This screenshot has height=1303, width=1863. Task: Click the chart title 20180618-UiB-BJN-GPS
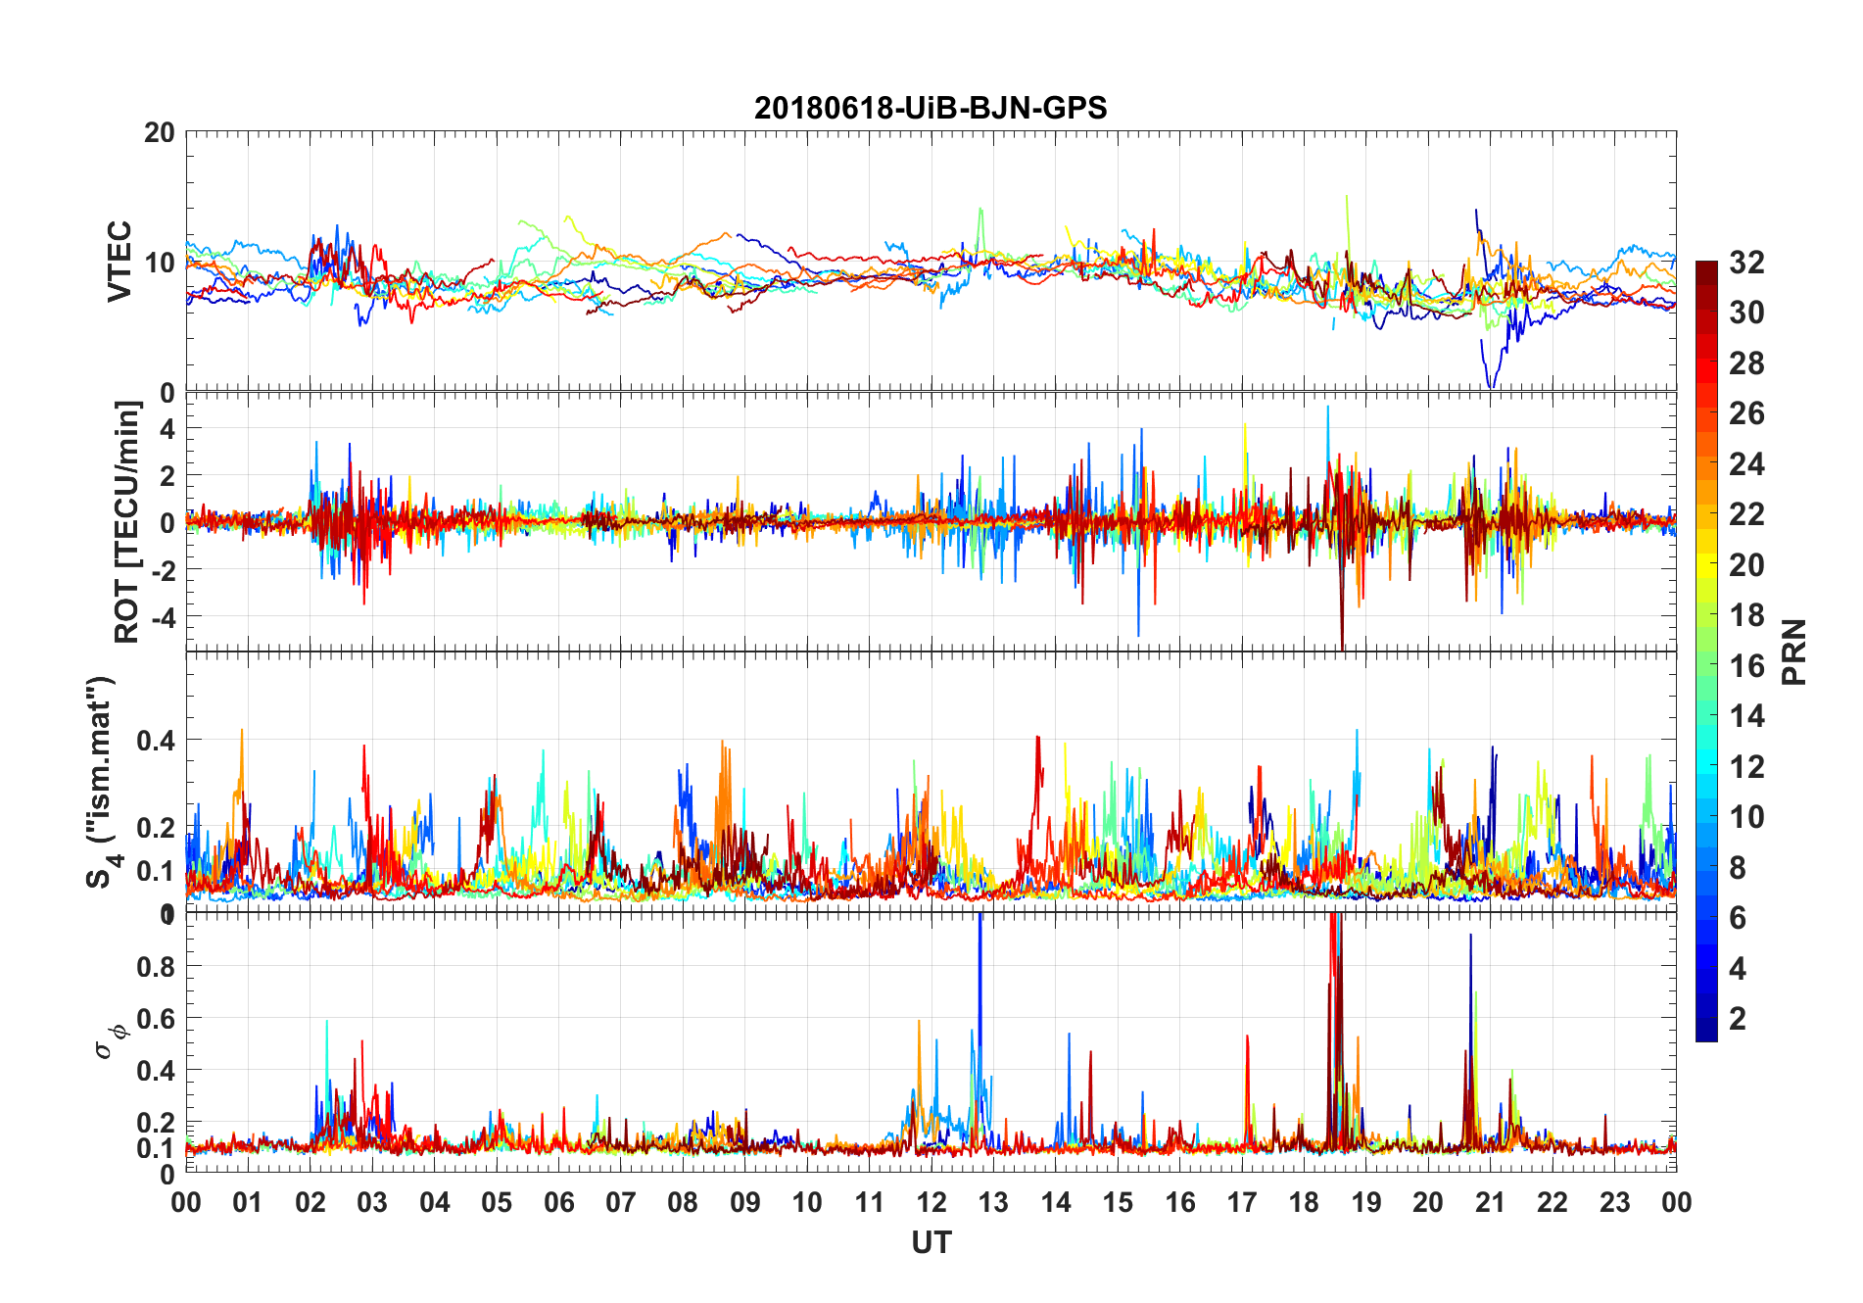click(x=931, y=108)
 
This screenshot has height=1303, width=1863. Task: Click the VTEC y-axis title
click(x=119, y=262)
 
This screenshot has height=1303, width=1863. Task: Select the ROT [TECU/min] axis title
click(x=127, y=522)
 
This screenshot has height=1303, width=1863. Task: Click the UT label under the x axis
click(x=931, y=1243)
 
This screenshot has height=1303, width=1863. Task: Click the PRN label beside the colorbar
click(x=1794, y=651)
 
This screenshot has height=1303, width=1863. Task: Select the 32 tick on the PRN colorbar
click(x=1746, y=263)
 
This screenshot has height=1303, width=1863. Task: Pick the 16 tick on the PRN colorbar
click(x=1746, y=666)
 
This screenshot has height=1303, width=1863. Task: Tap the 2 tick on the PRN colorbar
click(x=1738, y=1019)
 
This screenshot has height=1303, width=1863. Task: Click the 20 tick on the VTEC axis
click(x=159, y=133)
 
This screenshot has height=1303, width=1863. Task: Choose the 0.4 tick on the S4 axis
click(x=155, y=740)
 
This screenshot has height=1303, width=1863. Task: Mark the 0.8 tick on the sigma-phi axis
click(x=155, y=966)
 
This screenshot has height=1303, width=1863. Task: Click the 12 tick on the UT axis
click(x=931, y=1203)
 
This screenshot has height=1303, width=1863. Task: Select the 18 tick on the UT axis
click(x=1304, y=1203)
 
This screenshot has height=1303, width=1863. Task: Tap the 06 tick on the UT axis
click(x=558, y=1203)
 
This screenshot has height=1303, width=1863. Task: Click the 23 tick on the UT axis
click(x=1614, y=1203)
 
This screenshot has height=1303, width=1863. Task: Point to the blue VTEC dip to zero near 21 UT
click(x=1491, y=384)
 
